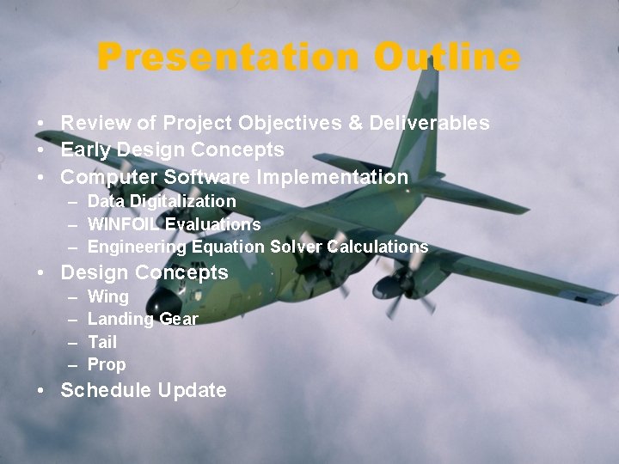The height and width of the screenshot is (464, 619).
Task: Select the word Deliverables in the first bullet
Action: pos(429,123)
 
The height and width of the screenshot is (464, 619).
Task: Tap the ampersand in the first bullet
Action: pos(355,123)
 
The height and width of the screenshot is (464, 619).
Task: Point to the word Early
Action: pos(88,150)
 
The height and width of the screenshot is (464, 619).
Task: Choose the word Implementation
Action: pos(330,178)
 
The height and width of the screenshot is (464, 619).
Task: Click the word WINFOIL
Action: pos(124,224)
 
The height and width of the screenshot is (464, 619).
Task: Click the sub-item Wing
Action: pos(108,297)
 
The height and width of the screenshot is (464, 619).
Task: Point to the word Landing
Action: pos(120,320)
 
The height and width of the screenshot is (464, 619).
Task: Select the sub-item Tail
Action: pos(102,342)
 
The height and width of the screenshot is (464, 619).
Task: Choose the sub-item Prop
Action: pos(107,364)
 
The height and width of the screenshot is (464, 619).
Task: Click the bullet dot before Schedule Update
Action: pos(42,391)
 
